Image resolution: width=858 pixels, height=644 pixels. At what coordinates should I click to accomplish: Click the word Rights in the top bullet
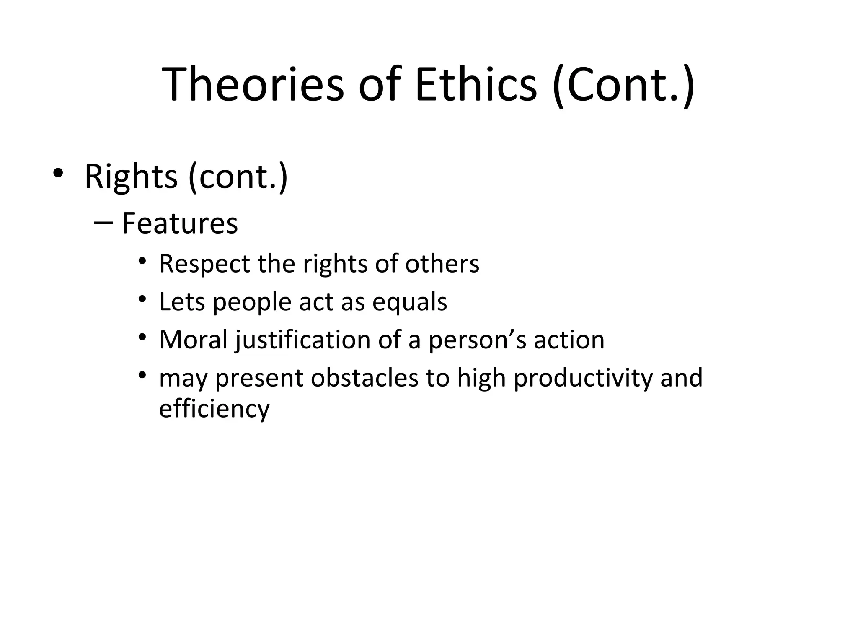tap(131, 177)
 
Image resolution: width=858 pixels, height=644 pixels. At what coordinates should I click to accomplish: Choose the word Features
tap(180, 223)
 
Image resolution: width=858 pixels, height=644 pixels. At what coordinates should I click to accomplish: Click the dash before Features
tap(103, 223)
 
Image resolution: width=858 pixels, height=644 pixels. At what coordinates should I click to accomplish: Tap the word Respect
tap(204, 264)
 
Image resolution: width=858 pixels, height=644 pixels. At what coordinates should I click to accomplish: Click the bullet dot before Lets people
tap(142, 299)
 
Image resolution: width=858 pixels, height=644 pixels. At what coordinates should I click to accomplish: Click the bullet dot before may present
tap(142, 375)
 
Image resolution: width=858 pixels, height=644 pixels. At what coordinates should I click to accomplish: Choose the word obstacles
tap(364, 378)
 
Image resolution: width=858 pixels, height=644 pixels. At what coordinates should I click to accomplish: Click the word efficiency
tap(214, 409)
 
